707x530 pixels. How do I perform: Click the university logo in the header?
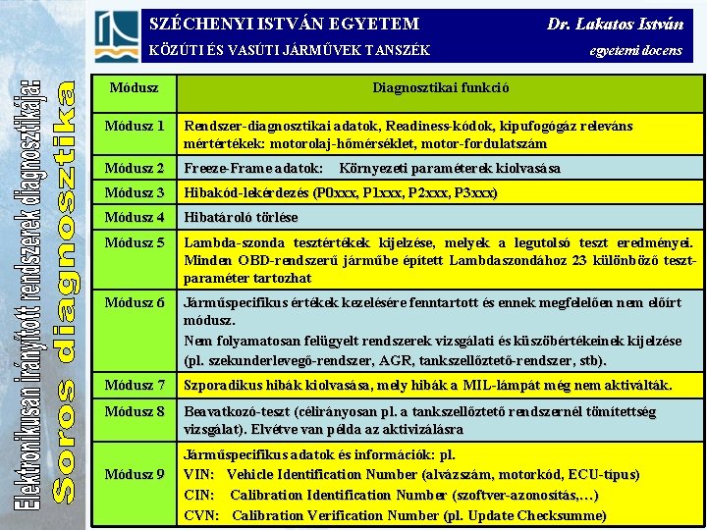pos(117,36)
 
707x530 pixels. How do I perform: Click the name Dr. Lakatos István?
pos(615,24)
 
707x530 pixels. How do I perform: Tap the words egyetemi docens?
pos(635,51)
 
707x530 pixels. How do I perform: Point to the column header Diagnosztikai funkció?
pos(440,87)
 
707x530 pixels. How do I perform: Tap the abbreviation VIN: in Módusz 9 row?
pos(199,475)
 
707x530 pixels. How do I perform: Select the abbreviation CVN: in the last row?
pos(201,515)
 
